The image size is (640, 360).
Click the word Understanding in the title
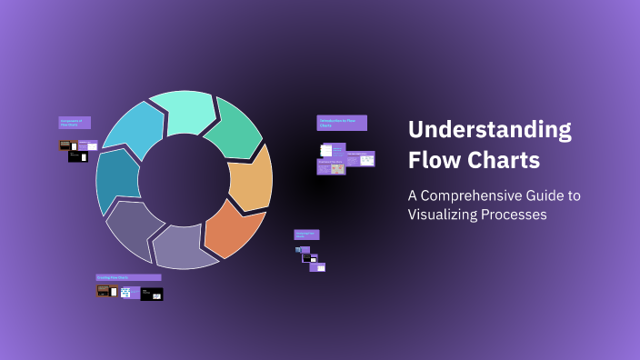(x=489, y=130)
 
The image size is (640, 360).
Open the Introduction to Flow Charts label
(x=342, y=122)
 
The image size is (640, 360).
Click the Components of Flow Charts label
(x=75, y=123)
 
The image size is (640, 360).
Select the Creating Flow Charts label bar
(x=128, y=277)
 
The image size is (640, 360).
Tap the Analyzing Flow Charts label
(x=306, y=235)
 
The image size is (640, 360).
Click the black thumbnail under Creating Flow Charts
(x=152, y=294)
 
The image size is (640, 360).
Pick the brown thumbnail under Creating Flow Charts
(x=104, y=291)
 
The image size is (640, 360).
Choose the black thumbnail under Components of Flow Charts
(x=78, y=157)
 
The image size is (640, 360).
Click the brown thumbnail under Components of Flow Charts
(x=65, y=145)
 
